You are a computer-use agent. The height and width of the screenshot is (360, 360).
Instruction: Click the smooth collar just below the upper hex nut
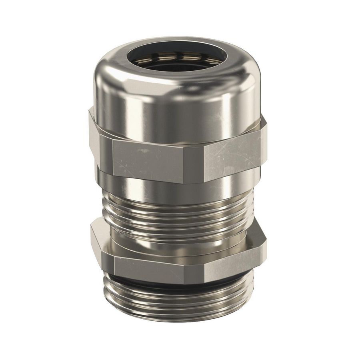tap(176, 188)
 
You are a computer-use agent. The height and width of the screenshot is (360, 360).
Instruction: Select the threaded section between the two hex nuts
tap(176, 218)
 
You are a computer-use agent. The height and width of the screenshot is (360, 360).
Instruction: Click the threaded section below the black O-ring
tap(176, 304)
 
